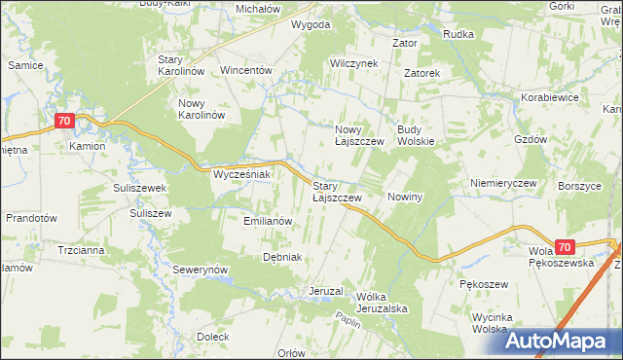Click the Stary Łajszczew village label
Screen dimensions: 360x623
coord(337,191)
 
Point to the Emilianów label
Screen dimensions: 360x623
coord(268,221)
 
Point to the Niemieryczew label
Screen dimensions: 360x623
coord(503,183)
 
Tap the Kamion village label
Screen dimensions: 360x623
coord(87,147)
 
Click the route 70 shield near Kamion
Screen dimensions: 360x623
coord(64,121)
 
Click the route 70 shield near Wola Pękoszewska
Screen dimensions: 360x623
coord(568,248)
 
